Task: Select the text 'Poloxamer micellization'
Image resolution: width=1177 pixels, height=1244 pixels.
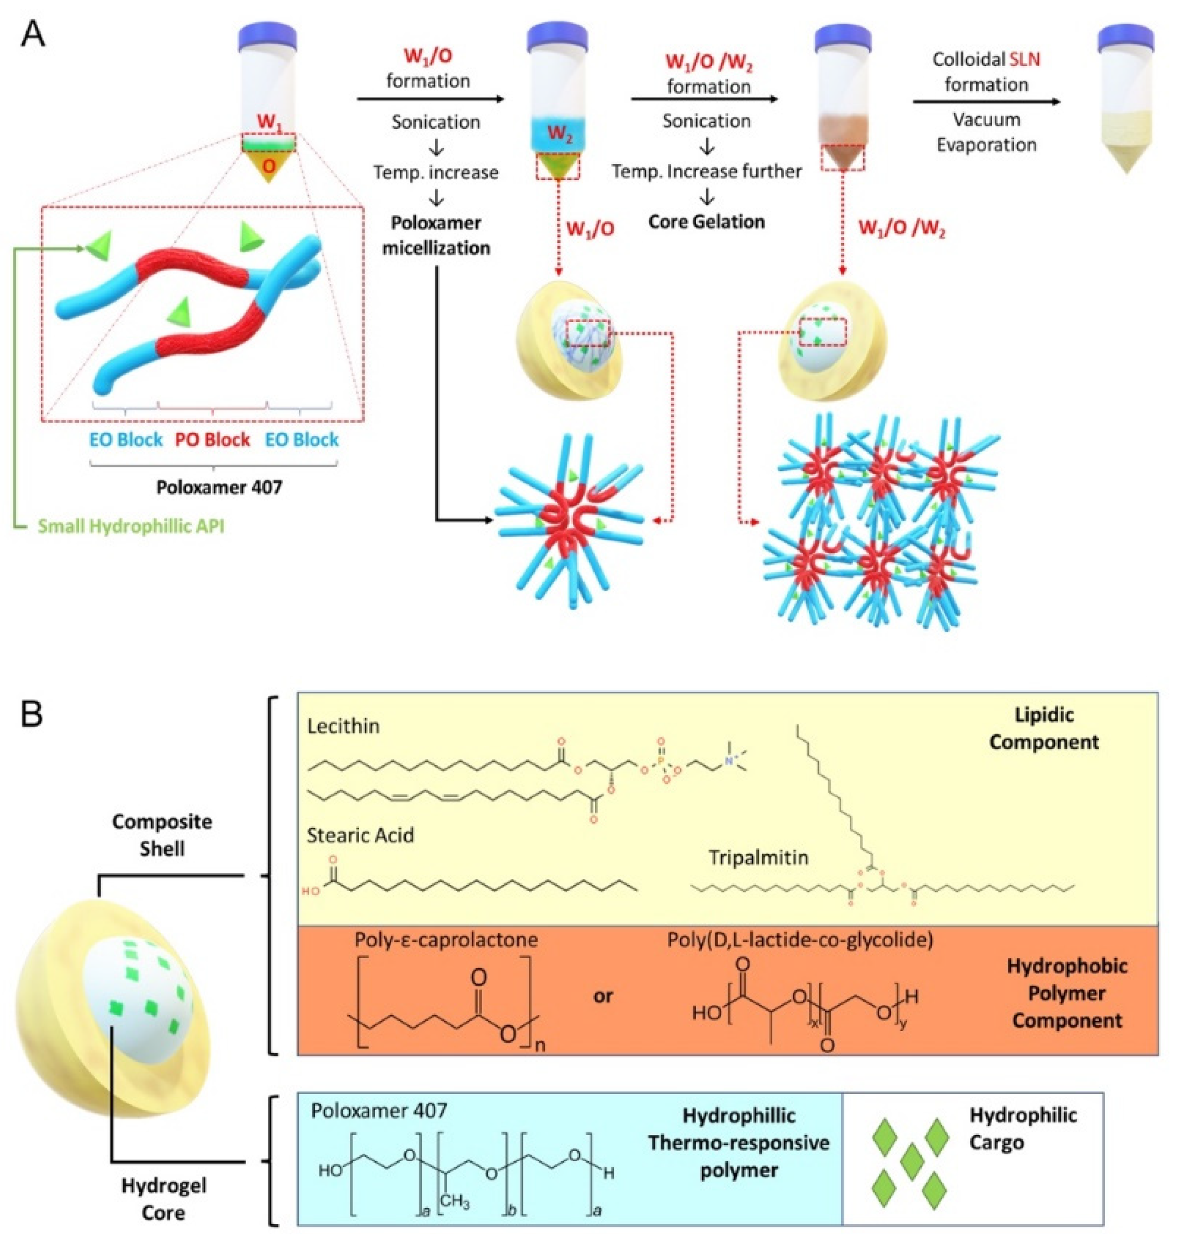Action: point(436,235)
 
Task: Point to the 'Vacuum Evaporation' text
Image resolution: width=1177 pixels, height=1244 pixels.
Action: point(986,132)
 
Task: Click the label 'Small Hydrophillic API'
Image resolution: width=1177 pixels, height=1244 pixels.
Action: point(131,525)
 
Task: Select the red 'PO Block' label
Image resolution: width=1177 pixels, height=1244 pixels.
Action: point(212,439)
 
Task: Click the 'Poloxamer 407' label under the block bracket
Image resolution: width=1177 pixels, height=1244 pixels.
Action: point(219,487)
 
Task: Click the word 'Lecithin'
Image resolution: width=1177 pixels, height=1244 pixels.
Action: point(343,726)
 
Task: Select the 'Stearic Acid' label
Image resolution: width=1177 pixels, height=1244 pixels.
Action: point(360,836)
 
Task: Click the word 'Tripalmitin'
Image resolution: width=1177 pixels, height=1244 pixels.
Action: point(758,857)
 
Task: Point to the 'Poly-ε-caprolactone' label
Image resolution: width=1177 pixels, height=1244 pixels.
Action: point(446,940)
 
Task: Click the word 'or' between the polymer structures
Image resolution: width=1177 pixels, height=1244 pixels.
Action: point(603,996)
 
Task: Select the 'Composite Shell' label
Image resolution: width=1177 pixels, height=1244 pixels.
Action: point(162,835)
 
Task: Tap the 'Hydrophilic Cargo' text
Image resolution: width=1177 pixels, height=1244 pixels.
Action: point(1023,1128)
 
